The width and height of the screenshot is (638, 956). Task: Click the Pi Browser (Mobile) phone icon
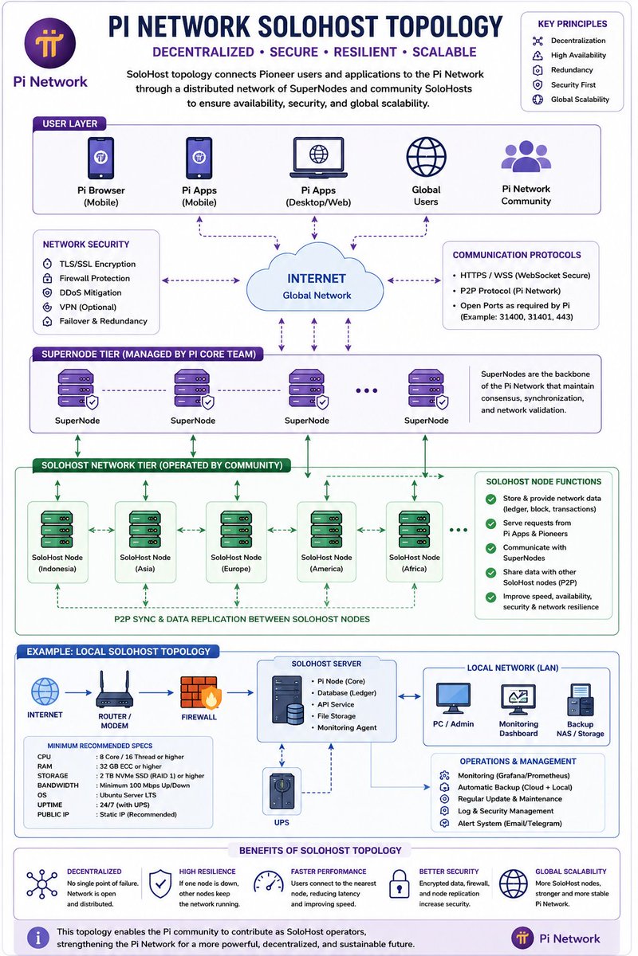(x=100, y=158)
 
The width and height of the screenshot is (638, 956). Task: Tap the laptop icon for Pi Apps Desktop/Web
(x=318, y=158)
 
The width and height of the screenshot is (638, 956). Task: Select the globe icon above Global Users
(x=426, y=157)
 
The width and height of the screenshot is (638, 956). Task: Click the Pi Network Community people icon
(x=526, y=156)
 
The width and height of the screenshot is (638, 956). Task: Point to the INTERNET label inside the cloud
(x=317, y=279)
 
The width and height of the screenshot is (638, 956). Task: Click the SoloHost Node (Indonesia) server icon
(x=57, y=529)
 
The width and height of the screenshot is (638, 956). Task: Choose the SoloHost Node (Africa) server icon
(x=414, y=529)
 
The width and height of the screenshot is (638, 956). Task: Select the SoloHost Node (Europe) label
(x=236, y=563)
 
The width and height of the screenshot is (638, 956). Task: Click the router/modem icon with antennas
(x=115, y=689)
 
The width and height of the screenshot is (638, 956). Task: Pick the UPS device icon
(x=282, y=792)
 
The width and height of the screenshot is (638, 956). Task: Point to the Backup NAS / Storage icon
(x=581, y=699)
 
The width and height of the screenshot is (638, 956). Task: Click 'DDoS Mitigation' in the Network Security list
(x=91, y=293)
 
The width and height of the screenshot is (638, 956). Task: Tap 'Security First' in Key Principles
(x=573, y=85)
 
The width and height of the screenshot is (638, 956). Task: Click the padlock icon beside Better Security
(x=400, y=884)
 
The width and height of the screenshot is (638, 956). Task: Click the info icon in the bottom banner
(x=38, y=938)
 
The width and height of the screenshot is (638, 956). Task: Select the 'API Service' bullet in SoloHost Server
(x=336, y=704)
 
